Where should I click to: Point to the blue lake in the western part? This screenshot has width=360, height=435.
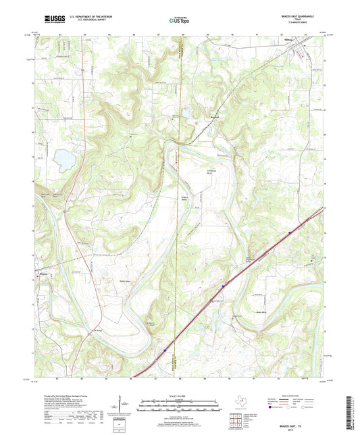[65, 159]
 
